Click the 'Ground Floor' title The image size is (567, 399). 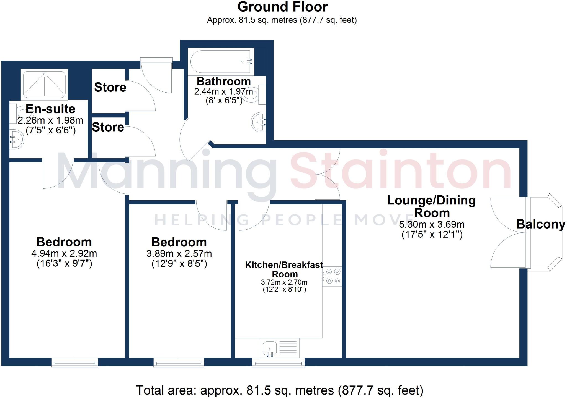(282, 7)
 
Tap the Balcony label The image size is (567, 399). (540, 224)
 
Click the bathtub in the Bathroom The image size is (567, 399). (221, 62)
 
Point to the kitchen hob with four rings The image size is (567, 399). (333, 276)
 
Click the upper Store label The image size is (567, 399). (110, 87)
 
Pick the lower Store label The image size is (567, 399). (108, 127)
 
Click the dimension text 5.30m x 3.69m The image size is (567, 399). (432, 224)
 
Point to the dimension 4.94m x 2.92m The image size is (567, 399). (64, 253)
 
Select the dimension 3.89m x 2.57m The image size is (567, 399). (179, 253)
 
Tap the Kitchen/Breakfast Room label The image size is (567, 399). (284, 269)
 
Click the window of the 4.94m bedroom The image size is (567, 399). (75, 363)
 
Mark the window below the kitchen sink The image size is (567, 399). (278, 363)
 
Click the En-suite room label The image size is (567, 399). (50, 109)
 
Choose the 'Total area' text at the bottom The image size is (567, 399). (280, 390)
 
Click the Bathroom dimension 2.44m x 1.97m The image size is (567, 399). (223, 91)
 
